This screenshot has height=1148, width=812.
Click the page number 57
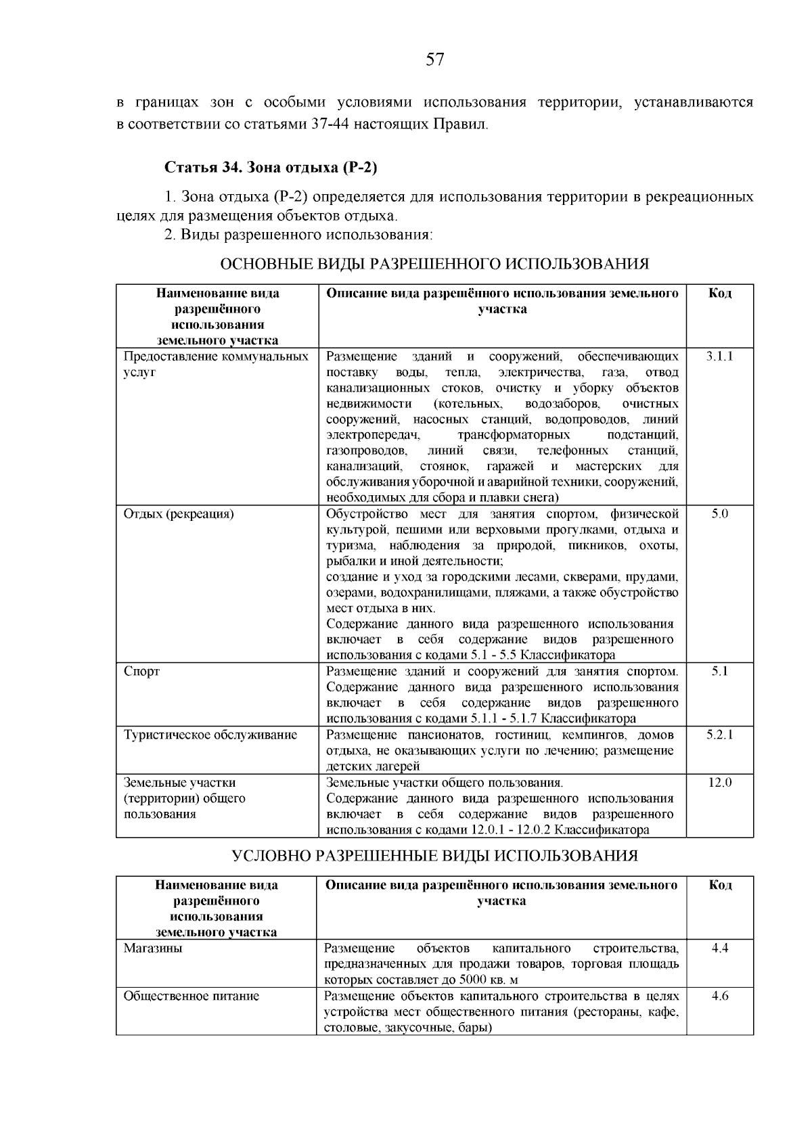click(x=435, y=60)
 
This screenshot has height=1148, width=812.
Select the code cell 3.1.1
click(x=719, y=356)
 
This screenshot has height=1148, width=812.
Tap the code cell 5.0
click(x=719, y=513)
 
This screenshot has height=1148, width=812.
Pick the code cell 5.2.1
click(x=719, y=735)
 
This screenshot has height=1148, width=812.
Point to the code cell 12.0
click(x=719, y=782)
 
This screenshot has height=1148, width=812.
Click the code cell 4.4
click(x=720, y=948)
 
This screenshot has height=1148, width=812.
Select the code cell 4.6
click(x=720, y=996)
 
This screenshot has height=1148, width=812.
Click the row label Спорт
click(x=142, y=672)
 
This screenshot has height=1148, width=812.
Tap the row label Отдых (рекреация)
click(x=179, y=514)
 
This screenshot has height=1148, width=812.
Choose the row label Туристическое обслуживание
click(x=210, y=735)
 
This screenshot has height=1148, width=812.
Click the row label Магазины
click(x=153, y=948)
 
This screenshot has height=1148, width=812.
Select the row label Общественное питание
click(x=191, y=996)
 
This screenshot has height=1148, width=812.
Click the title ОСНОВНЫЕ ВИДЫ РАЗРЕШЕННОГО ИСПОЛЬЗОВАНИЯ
click(x=435, y=264)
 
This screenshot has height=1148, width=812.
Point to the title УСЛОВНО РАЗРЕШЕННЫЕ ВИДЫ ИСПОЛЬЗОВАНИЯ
click(x=435, y=856)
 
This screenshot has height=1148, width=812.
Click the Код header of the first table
click(x=719, y=293)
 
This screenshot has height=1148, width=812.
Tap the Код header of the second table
click(x=720, y=885)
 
